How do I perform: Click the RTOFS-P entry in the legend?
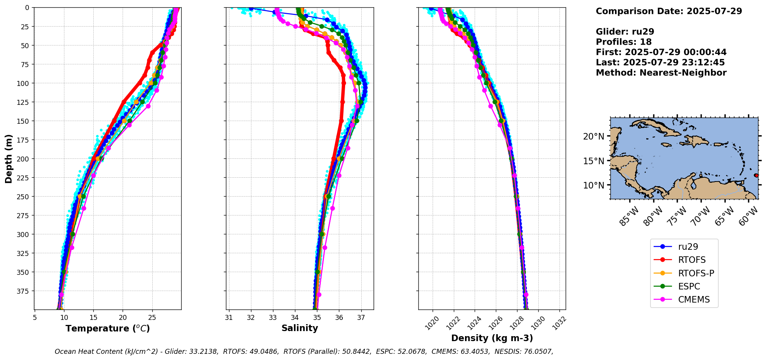(x=696, y=273)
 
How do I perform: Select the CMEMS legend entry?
(x=694, y=299)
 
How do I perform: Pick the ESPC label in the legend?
(x=689, y=286)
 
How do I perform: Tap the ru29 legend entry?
(x=688, y=247)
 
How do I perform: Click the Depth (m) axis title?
(x=9, y=158)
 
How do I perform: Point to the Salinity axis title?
(x=300, y=328)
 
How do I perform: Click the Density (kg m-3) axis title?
(x=492, y=338)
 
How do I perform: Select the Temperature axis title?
(x=108, y=329)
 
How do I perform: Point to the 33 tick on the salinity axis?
(x=273, y=318)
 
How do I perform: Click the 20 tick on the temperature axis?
(x=123, y=318)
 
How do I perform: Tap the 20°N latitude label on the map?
(x=593, y=136)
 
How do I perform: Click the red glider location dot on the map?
(x=756, y=175)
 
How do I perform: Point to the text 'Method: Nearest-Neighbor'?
(x=661, y=73)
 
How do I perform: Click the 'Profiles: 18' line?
(x=623, y=42)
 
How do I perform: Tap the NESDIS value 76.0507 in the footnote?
(x=538, y=352)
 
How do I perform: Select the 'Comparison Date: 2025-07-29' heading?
(x=669, y=11)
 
